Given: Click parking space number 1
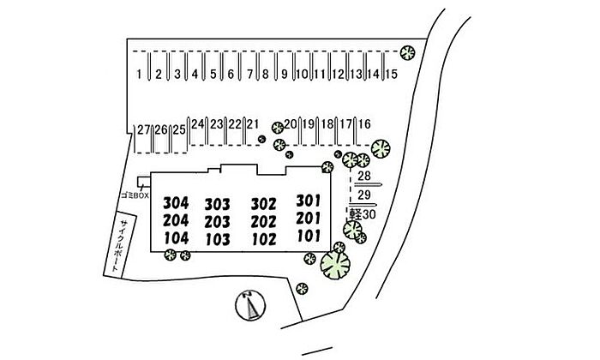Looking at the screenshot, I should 139,75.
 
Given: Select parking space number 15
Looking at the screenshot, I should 391,75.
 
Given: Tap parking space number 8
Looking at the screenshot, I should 266,75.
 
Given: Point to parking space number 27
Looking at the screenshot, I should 143,129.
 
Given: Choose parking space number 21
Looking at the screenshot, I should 252,123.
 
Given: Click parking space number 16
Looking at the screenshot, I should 364,124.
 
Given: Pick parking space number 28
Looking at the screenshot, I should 363,177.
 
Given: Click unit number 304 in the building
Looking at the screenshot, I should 175,203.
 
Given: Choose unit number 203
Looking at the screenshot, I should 218,221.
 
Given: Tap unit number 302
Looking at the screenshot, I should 263,204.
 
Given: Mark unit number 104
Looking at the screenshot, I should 175,237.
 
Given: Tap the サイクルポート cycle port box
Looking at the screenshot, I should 113,245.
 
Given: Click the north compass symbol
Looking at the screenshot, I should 250,303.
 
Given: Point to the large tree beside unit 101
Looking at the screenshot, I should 335,265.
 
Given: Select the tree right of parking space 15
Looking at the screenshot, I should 409,54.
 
